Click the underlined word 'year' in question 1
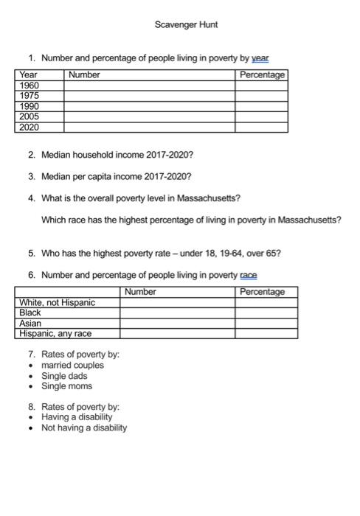point(260,57)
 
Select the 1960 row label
point(30,86)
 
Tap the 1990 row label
point(30,106)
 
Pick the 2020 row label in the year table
point(30,127)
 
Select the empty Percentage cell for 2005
point(261,116)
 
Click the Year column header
point(29,75)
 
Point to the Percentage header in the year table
point(261,75)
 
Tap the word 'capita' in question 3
point(97,177)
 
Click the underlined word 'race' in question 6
point(249,275)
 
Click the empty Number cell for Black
point(177,313)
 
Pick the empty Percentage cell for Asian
point(266,323)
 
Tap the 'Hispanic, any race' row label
point(55,333)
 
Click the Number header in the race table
point(140,292)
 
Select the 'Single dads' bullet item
point(64,376)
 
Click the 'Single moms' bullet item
point(66,386)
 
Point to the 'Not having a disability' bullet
point(84,428)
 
